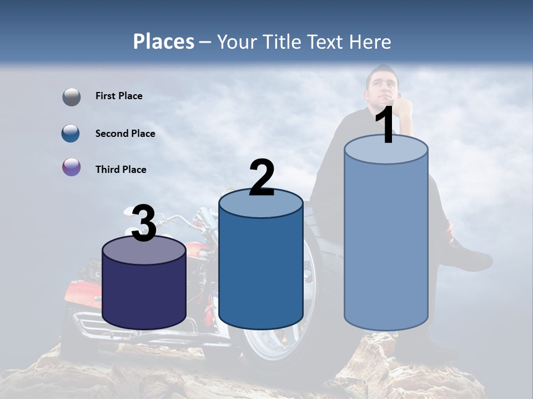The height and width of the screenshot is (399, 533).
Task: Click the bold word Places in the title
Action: (163, 42)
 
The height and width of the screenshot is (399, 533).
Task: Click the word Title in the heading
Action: (283, 42)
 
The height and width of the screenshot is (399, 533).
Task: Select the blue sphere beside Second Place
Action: (71, 133)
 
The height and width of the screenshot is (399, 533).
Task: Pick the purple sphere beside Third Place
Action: (71, 167)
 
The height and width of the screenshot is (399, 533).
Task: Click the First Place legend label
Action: (119, 96)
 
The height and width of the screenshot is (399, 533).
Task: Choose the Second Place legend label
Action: (125, 134)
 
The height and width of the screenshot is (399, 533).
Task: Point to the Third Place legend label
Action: (121, 170)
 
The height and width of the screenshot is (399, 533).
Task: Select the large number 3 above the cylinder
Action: (144, 224)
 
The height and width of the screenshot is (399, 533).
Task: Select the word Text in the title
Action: (328, 42)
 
